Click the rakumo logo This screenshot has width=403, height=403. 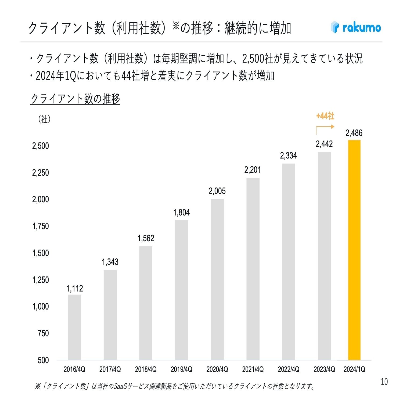[x=356, y=27]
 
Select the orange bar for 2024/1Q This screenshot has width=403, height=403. [x=354, y=250]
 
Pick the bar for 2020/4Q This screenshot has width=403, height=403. [x=217, y=279]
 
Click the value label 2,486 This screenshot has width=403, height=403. [x=354, y=133]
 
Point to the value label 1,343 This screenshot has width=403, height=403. [x=110, y=262]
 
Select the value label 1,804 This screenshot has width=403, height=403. [x=181, y=213]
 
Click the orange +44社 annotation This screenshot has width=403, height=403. [x=325, y=116]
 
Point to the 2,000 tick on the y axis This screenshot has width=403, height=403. [x=41, y=199]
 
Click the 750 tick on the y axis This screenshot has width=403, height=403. [x=43, y=333]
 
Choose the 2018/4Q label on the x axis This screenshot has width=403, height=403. [x=146, y=369]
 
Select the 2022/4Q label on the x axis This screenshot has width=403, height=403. [x=289, y=369]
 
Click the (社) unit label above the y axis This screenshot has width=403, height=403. [x=44, y=119]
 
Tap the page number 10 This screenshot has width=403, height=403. [x=384, y=382]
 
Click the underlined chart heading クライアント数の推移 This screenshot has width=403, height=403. [x=75, y=99]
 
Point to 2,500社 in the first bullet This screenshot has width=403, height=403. [x=258, y=59]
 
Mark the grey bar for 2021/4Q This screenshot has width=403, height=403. [x=253, y=269]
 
